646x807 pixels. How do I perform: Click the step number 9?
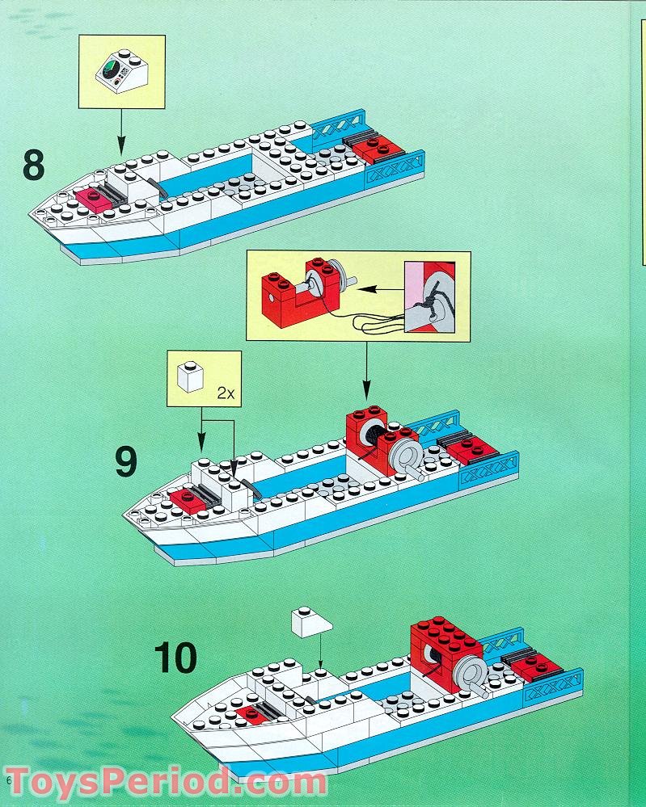point(125,462)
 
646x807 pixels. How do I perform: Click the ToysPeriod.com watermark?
point(166,782)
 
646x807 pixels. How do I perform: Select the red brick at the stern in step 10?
point(534,666)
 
